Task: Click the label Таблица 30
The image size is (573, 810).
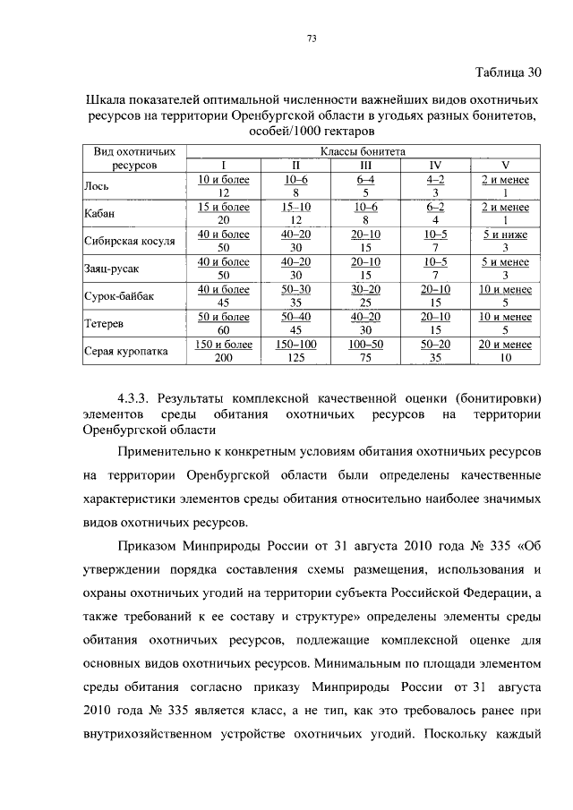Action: click(507, 72)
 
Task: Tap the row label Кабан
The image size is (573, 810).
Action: click(99, 213)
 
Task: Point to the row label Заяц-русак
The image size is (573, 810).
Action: click(112, 267)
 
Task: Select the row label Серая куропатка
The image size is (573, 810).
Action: click(125, 351)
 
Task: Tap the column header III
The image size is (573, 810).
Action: click(365, 166)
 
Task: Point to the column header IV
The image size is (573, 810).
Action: click(435, 166)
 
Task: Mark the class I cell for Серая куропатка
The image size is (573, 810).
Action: click(224, 351)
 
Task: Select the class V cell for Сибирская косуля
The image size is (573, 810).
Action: click(505, 240)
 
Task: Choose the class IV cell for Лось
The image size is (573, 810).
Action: click(435, 186)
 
